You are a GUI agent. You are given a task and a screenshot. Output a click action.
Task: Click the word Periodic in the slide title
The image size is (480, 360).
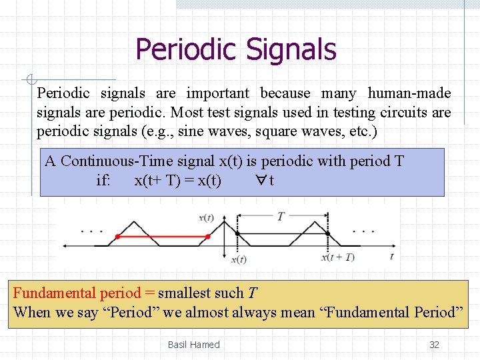coord(186,49)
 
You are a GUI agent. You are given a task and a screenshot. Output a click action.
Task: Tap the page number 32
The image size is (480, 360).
coord(434,345)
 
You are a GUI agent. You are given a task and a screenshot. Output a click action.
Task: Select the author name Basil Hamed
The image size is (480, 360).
coord(193,345)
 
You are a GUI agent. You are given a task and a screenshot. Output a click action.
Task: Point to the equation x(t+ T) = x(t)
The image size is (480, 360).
coord(178,181)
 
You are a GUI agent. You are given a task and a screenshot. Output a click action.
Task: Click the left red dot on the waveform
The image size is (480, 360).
coord(118,237)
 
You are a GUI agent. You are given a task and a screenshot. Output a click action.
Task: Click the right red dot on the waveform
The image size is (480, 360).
coord(208,237)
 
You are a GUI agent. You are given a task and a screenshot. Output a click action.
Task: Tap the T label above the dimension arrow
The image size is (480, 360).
coord(281,216)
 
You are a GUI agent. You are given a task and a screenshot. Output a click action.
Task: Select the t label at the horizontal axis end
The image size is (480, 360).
coord(392,256)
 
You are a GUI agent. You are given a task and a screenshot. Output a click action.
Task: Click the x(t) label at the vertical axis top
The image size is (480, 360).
coord(207,217)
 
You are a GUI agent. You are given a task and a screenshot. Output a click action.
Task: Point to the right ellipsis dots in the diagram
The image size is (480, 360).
coord(363,231)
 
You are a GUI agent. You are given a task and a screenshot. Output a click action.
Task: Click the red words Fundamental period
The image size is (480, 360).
coord(77,293)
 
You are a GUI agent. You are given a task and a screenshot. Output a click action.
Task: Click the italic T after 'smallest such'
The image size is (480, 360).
coord(253,293)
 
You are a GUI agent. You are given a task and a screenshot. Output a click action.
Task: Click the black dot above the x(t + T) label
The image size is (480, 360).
coord(327,233)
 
